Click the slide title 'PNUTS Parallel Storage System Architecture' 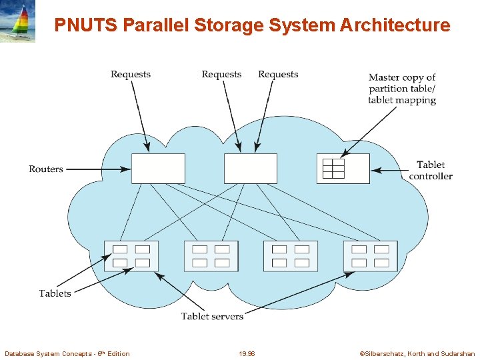click(x=252, y=25)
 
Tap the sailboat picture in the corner click(x=18, y=21)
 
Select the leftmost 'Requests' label click(x=131, y=75)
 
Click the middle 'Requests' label click(x=221, y=75)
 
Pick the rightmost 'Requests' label click(x=278, y=75)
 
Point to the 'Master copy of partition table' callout click(x=402, y=89)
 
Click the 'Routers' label click(x=46, y=169)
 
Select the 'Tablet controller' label click(x=431, y=171)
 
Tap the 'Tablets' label click(x=55, y=293)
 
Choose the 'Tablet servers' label click(x=212, y=316)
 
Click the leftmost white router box click(x=158, y=169)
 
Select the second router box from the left click(x=250, y=169)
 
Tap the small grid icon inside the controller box click(x=333, y=169)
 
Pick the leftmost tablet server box click(x=131, y=256)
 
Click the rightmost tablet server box click(x=370, y=256)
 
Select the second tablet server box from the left click(x=211, y=256)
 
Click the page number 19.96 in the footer click(x=246, y=354)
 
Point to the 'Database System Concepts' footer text click(x=67, y=354)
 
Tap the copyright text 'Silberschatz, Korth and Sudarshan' click(x=417, y=354)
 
